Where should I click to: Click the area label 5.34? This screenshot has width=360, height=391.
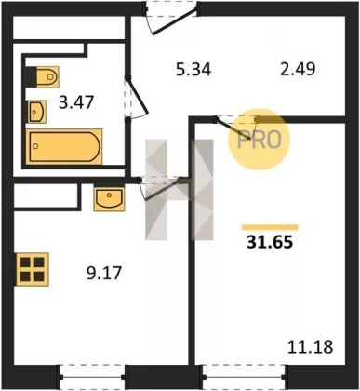pyautogui.click(x=193, y=69)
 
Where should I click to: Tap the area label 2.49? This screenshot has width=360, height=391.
pyautogui.click(x=298, y=69)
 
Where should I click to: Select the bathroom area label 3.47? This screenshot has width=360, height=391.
pyautogui.click(x=76, y=102)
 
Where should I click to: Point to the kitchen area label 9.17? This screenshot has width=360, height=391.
pyautogui.click(x=104, y=273)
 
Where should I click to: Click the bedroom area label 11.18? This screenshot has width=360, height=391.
pyautogui.click(x=311, y=346)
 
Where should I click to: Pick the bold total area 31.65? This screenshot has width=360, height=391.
pyautogui.click(x=270, y=242)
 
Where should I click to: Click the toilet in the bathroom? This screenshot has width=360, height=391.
pyautogui.click(x=47, y=76)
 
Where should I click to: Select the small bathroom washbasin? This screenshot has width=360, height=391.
pyautogui.click(x=36, y=112)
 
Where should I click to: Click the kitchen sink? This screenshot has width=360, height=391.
pyautogui.click(x=109, y=199)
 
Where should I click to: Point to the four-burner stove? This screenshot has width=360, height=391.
pyautogui.click(x=33, y=269)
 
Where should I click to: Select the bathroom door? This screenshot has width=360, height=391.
pyautogui.click(x=137, y=98)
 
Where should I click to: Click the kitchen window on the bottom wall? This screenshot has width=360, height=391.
pyautogui.click(x=92, y=377)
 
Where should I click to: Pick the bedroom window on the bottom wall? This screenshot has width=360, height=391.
pyautogui.click(x=244, y=377)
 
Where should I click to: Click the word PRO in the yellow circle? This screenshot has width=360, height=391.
pyautogui.click(x=260, y=140)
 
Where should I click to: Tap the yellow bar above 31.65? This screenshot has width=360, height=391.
pyautogui.click(x=270, y=227)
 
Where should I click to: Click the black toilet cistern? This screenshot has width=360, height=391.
pyautogui.click(x=31, y=76)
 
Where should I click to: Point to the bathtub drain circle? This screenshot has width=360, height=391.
pyautogui.click(x=35, y=146)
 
